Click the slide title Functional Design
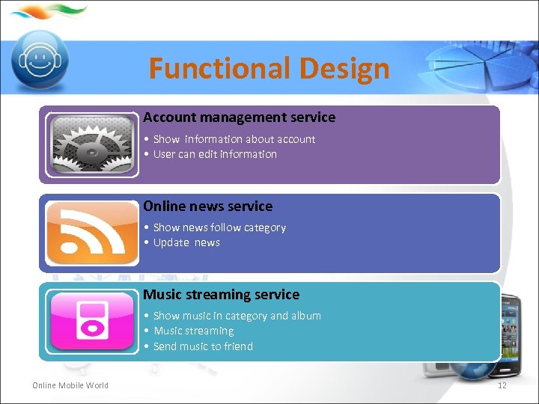pyautogui.click(x=269, y=69)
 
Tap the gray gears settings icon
pyautogui.click(x=91, y=144)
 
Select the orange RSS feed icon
pyautogui.click(x=91, y=233)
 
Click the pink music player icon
pyautogui.click(x=91, y=321)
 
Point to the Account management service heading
pyautogui.click(x=239, y=117)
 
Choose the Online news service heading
pyautogui.click(x=207, y=206)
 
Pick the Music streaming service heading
pyautogui.click(x=221, y=295)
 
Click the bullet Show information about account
pyautogui.click(x=234, y=139)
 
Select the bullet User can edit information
pyautogui.click(x=214, y=154)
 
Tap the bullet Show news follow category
pyautogui.click(x=219, y=227)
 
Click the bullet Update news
pyautogui.click(x=186, y=242)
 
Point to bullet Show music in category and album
pyautogui.click(x=237, y=316)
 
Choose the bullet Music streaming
pyautogui.click(x=193, y=331)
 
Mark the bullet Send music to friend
pyautogui.click(x=202, y=346)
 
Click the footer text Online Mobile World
pyautogui.click(x=70, y=385)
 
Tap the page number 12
pyautogui.click(x=502, y=385)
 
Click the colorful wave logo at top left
pyautogui.click(x=49, y=12)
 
